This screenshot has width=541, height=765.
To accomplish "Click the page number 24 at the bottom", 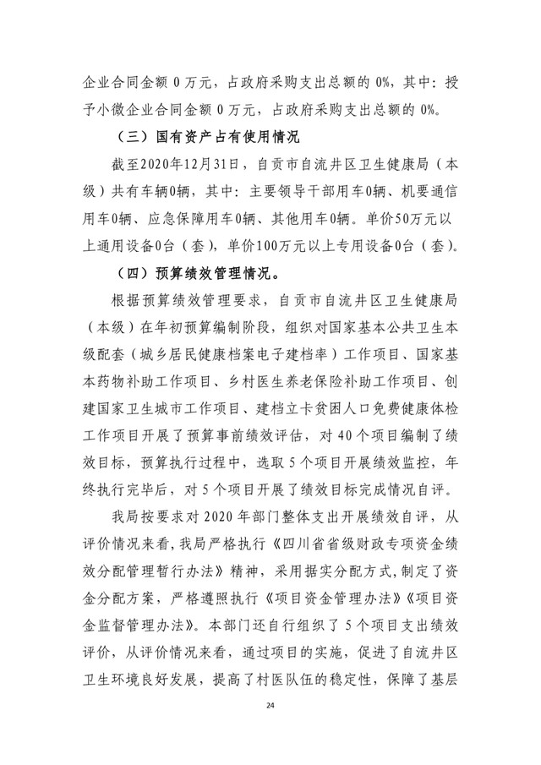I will coord(270,729).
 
